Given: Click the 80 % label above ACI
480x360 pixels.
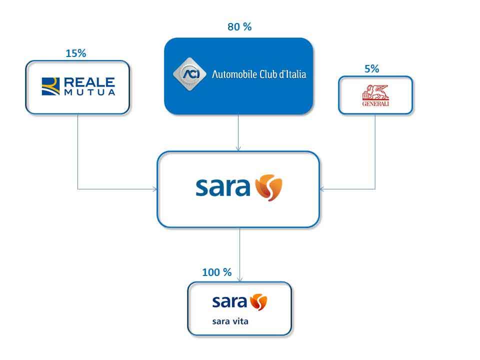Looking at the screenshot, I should point(239,27).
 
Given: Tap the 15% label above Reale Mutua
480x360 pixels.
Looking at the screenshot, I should point(75,53).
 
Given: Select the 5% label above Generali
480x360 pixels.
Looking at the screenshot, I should point(371,69).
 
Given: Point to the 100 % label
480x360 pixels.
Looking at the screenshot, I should point(216,272).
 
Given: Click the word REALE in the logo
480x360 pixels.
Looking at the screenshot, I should point(88,82).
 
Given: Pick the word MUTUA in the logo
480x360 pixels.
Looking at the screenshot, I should point(88,92).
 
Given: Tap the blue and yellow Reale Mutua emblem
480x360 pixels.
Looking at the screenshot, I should point(49,86).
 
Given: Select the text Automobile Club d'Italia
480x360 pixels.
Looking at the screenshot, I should point(259,75).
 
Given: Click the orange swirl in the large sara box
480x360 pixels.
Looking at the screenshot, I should point(268,187).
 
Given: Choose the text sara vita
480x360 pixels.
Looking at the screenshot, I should point(230,321).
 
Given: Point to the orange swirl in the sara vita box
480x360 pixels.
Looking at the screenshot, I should point(258,302).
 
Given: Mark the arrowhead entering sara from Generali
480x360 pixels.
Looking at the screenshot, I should point(321,189).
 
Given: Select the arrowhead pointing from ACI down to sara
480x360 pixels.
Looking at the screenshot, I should point(238,148).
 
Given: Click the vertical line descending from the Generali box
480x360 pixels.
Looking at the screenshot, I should point(375,150).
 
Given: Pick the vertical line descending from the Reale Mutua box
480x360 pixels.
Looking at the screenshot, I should point(78,150).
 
